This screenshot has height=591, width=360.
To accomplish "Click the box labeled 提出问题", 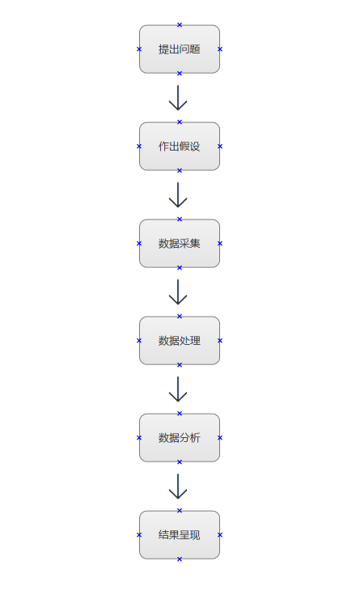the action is tap(180, 49).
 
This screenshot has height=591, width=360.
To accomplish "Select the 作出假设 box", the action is tap(180, 147).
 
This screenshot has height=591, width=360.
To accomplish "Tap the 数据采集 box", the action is tap(180, 244).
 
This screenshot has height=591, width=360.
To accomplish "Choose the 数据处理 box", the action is tap(180, 340).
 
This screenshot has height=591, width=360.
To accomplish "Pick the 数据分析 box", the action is tap(180, 438).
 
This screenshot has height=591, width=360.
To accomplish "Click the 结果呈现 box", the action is tap(180, 535).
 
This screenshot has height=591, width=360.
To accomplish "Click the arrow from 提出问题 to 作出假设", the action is tap(178, 98).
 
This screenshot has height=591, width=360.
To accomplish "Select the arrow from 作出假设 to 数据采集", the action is tap(178, 195).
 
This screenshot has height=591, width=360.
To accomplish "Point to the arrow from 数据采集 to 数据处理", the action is tap(178, 291).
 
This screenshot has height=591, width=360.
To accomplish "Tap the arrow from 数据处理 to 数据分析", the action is tap(178, 389).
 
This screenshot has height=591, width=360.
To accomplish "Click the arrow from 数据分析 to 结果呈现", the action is tap(178, 487).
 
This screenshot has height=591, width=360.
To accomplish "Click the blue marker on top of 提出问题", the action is tap(180, 25).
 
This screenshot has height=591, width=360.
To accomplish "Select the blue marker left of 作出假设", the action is tap(139, 147).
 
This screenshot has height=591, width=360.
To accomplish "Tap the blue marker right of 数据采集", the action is tap(220, 244).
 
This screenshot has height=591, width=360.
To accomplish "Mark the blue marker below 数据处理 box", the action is tap(180, 365).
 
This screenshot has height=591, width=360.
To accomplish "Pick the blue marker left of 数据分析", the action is tap(139, 438).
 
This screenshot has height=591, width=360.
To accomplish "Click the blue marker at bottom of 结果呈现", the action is tap(180, 559).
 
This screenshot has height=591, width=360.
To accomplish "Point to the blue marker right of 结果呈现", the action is tap(220, 535).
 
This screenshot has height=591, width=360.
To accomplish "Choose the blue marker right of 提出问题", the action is tap(220, 49).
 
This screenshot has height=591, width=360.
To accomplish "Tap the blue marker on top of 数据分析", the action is tap(180, 414).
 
